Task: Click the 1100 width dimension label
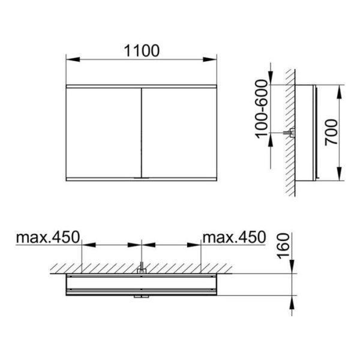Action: pyautogui.click(x=142, y=51)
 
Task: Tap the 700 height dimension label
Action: pyautogui.click(x=332, y=132)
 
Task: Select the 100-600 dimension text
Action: pyautogui.click(x=262, y=109)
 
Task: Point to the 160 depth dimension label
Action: pyautogui.click(x=283, y=246)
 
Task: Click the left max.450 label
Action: pyautogui.click(x=48, y=237)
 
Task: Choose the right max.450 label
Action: pyautogui.click(x=234, y=237)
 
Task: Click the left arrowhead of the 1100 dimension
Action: pyautogui.click(x=73, y=59)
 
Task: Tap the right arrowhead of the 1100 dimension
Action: pyautogui.click(x=209, y=59)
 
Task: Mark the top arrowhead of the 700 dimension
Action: pyautogui.click(x=340, y=92)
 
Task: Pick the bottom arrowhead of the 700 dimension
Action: pyautogui.click(x=340, y=173)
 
